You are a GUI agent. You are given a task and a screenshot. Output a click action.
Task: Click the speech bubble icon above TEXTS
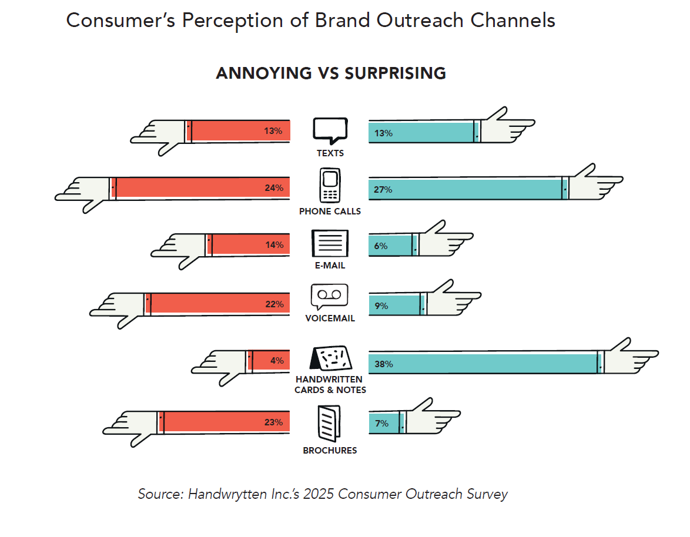(x=330, y=130)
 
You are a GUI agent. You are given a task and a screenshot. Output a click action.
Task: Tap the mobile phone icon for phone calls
(x=330, y=186)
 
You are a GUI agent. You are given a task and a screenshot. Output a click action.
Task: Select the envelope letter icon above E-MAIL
(x=330, y=243)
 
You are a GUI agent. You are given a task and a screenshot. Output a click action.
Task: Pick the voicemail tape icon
(x=329, y=296)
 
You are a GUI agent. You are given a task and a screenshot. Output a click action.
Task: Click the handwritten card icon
(x=330, y=358)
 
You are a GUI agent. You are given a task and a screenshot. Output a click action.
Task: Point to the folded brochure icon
(x=329, y=424)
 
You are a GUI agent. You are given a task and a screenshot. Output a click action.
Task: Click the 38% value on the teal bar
(x=383, y=364)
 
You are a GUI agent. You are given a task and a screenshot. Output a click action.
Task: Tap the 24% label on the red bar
(x=274, y=188)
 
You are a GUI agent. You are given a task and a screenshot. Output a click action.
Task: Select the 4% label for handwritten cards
(x=277, y=361)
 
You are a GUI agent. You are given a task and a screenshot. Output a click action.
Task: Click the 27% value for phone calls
(x=383, y=190)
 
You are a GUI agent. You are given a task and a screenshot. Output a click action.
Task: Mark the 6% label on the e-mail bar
(x=381, y=246)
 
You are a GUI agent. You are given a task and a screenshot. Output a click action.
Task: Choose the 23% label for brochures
(x=273, y=422)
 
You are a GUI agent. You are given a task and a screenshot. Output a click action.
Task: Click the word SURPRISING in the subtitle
(x=395, y=73)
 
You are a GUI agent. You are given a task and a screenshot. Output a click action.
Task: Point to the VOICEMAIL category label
(x=330, y=318)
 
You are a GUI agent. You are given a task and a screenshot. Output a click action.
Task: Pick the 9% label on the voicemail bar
(x=381, y=306)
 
